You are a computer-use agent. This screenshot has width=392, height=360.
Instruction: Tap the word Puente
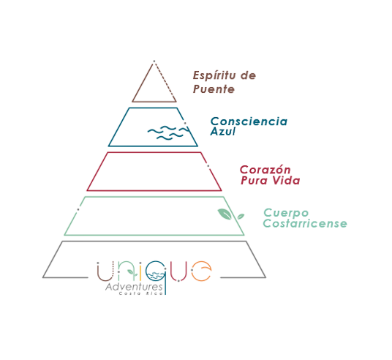(x=214, y=89)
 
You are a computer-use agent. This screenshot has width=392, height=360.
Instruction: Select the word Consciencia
(x=249, y=121)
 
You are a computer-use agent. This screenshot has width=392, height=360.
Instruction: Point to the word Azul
(x=223, y=131)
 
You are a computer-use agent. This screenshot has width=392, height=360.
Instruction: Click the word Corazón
(x=265, y=170)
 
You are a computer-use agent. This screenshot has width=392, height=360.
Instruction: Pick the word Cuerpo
(x=286, y=214)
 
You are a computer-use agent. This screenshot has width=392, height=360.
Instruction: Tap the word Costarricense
(x=305, y=223)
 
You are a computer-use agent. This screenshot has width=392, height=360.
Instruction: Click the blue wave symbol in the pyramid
(x=169, y=132)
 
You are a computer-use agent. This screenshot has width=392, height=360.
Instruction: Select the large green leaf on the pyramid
(x=225, y=214)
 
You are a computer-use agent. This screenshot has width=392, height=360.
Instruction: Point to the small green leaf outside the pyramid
(x=241, y=217)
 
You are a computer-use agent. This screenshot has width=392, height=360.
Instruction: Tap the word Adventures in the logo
(x=134, y=288)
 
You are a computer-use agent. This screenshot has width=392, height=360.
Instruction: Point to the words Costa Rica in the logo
(x=141, y=293)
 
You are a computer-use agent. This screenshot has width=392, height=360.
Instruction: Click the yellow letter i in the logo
(x=140, y=271)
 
